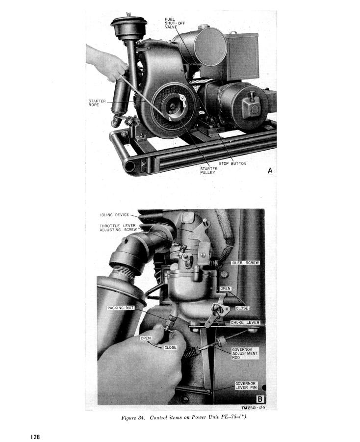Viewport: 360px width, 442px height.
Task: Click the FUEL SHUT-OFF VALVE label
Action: click(x=175, y=23)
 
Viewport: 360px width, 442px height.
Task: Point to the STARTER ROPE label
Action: click(x=97, y=103)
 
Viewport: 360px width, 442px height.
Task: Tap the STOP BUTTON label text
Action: click(x=232, y=163)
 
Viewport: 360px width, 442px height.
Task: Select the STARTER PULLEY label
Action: click(x=208, y=170)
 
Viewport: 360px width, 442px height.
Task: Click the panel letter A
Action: click(x=270, y=171)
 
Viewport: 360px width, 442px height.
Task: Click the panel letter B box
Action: click(x=259, y=399)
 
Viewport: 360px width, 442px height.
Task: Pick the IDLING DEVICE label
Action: click(x=114, y=215)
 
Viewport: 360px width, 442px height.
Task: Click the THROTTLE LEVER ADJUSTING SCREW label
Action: click(x=118, y=228)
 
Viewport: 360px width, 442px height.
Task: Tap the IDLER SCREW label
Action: click(x=245, y=263)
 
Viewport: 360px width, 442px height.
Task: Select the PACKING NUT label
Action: click(x=120, y=308)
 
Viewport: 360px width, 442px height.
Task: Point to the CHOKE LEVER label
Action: click(x=245, y=322)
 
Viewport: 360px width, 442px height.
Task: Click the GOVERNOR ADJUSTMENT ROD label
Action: click(x=245, y=353)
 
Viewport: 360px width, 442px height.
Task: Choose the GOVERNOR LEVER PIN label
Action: click(x=246, y=386)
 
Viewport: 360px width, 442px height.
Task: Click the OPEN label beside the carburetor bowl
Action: click(x=225, y=288)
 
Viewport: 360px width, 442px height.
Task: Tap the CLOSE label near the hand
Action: click(x=170, y=348)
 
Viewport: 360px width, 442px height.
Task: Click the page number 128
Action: click(x=35, y=437)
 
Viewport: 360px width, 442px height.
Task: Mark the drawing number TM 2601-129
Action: click(x=253, y=408)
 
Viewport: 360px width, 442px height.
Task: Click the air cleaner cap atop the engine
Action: click(x=129, y=25)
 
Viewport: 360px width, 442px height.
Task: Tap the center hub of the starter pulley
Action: click(x=172, y=106)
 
